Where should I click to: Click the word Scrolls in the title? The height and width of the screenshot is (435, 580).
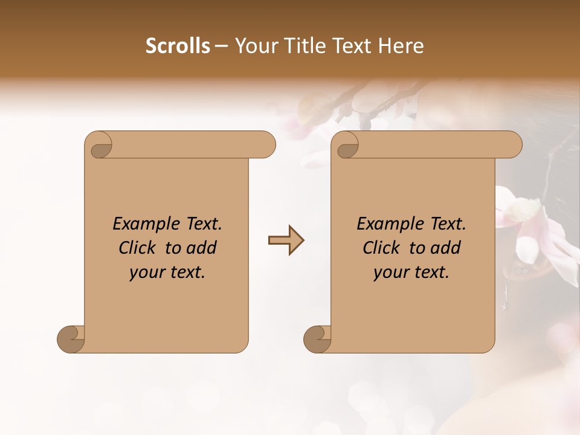[178, 46]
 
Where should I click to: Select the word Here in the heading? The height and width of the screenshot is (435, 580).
[401, 46]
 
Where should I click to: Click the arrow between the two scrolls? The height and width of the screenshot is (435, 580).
[286, 240]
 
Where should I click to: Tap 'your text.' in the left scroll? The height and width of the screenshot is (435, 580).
[167, 272]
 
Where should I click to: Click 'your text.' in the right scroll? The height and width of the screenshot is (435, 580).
[411, 272]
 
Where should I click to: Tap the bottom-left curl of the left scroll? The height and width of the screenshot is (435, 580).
[71, 339]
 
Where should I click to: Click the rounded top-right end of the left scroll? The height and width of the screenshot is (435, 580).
[266, 144]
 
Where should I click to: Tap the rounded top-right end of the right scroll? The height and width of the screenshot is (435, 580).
[512, 144]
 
